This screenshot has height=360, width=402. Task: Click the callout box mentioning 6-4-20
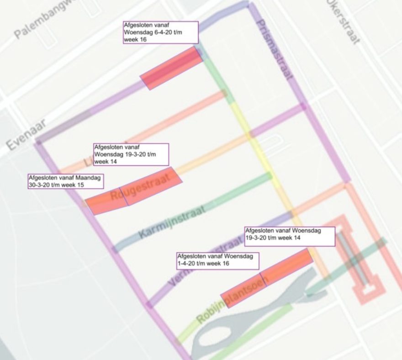160,32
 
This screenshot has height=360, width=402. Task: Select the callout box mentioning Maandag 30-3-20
65,181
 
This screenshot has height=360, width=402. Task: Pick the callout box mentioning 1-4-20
217,260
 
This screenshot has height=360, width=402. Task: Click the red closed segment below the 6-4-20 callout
172,68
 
